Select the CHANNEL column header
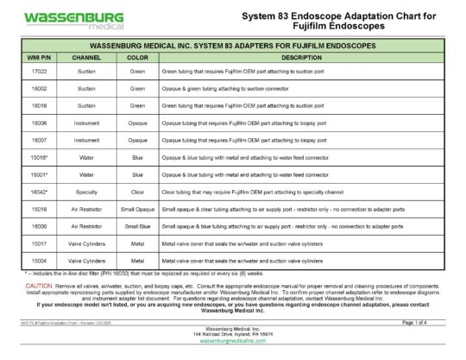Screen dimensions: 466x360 pyautogui.click(x=86, y=57)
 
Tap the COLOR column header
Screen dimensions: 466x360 pyautogui.click(x=137, y=57)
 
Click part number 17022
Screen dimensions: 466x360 pyautogui.click(x=39, y=72)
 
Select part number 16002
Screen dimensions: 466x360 pyautogui.click(x=39, y=88)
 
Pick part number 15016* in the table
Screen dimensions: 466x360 pyautogui.click(x=39, y=157)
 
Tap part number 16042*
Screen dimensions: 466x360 pyautogui.click(x=39, y=192)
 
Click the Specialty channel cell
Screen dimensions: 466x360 pyautogui.click(x=86, y=192)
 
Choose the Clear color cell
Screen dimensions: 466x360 pyautogui.click(x=137, y=192)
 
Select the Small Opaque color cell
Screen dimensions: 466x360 pyautogui.click(x=137, y=209)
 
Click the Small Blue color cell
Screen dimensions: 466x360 pyautogui.click(x=137, y=226)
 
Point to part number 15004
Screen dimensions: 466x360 pyautogui.click(x=39, y=260)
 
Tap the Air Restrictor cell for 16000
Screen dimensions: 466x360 pyautogui.click(x=86, y=226)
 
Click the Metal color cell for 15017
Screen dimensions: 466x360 pyautogui.click(x=137, y=243)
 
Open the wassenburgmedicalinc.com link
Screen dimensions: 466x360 pyautogui.click(x=232, y=342)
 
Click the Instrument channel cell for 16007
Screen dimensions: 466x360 pyautogui.click(x=86, y=140)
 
